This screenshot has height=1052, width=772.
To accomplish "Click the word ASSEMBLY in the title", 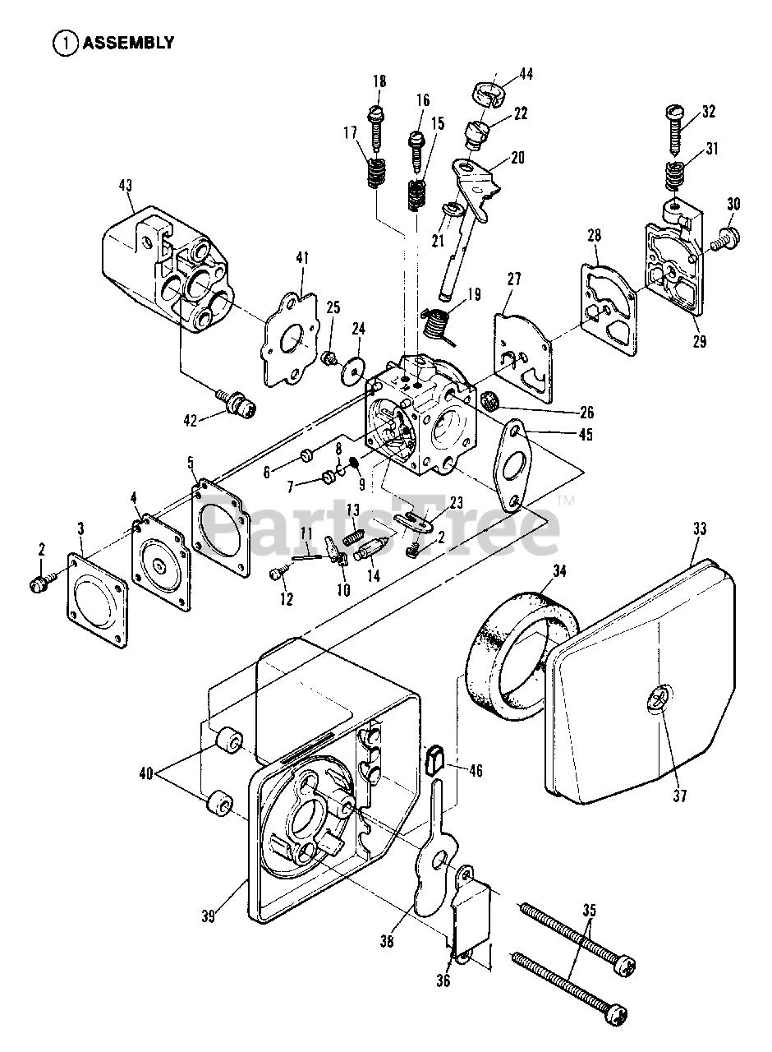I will [x=127, y=43].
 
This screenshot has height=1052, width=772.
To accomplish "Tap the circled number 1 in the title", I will [x=64, y=43].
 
